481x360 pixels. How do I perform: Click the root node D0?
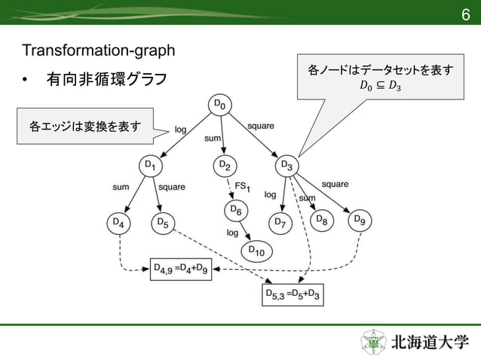click(219, 105)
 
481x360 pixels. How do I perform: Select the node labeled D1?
click(149, 166)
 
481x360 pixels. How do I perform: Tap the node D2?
click(224, 166)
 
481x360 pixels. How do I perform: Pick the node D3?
click(287, 166)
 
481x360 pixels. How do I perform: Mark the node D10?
click(255, 252)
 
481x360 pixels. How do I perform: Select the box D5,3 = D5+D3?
click(293, 294)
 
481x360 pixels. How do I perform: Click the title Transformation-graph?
click(99, 51)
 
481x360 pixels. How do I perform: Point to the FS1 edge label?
click(243, 186)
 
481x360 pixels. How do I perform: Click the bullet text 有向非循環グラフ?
click(106, 79)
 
